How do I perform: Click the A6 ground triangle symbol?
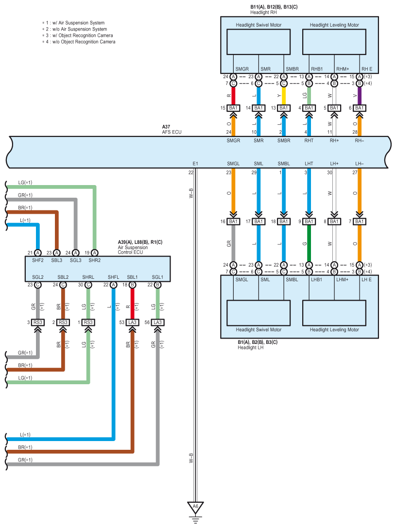tap(195, 507)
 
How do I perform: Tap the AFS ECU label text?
tap(172, 132)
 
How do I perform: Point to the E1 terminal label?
tap(195, 164)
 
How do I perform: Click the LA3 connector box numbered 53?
tap(132, 323)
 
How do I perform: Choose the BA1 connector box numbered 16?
tap(233, 221)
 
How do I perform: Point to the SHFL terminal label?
tap(114, 277)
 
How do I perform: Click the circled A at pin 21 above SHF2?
tap(37, 253)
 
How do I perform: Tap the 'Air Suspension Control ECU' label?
tap(133, 250)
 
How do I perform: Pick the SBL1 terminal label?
tap(133, 277)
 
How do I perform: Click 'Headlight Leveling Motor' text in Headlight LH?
tap(334, 329)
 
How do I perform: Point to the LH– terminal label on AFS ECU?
tap(360, 164)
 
